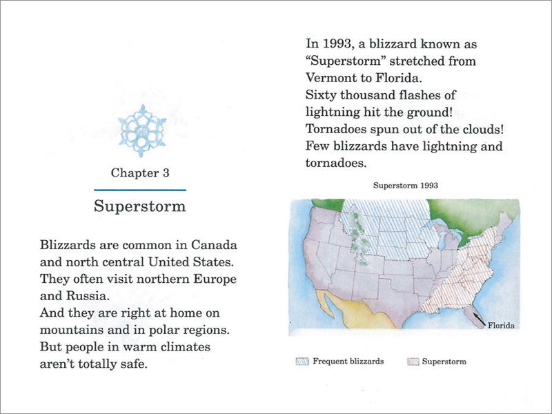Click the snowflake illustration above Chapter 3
click(142, 130)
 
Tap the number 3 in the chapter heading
click(166, 173)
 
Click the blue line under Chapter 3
click(140, 190)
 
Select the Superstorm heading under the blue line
click(140, 206)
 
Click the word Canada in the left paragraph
click(214, 245)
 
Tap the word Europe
click(215, 279)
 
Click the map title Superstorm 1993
click(406, 186)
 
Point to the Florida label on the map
click(501, 326)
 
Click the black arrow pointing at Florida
click(479, 319)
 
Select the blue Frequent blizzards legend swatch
click(302, 362)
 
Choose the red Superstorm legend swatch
click(413, 362)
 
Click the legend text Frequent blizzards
click(348, 362)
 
